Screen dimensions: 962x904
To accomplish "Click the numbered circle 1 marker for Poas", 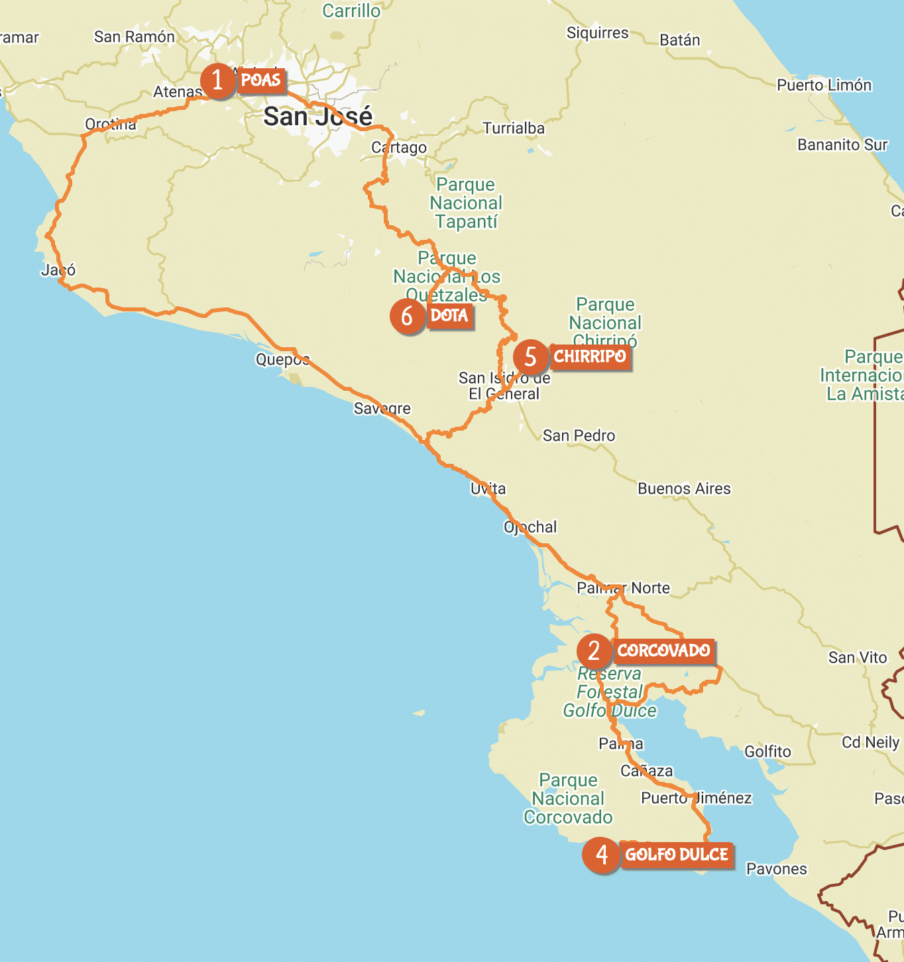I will click(217, 81).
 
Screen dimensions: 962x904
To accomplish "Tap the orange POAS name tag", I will click(261, 80).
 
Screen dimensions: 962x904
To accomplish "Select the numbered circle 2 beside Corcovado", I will click(594, 651).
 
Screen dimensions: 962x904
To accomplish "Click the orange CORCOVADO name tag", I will click(663, 651).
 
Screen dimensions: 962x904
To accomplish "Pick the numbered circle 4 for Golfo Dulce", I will click(602, 855).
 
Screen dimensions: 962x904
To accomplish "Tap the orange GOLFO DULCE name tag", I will click(677, 855).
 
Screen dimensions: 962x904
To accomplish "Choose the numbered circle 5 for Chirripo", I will click(530, 357).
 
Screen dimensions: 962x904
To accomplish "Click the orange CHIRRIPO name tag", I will click(590, 356).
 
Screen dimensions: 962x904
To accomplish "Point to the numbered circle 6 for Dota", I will click(407, 317).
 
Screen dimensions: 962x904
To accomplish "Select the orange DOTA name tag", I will click(449, 315).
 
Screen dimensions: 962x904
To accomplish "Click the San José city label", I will click(317, 117).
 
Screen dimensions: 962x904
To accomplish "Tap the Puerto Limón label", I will click(824, 85).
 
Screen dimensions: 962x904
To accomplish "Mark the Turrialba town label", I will click(514, 128).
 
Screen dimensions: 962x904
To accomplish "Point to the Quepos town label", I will click(282, 360).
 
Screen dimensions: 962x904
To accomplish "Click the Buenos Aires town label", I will click(684, 489).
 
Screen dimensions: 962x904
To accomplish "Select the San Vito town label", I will click(857, 657).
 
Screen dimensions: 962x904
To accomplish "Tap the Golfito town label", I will click(767, 751).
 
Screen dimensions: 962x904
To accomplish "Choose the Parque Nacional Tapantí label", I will click(466, 203).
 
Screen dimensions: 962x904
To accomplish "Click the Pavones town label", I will click(776, 869).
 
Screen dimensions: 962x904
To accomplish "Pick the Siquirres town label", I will click(597, 32).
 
